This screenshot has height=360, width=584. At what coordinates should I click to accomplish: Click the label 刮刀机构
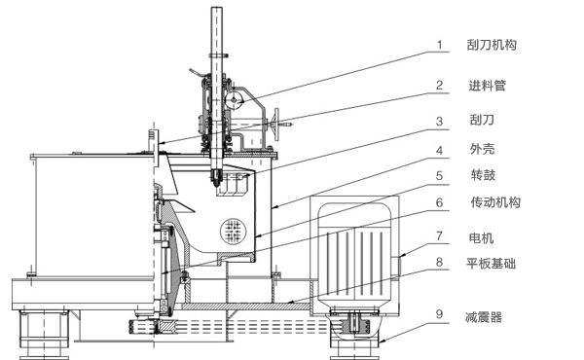pyautogui.click(x=492, y=45)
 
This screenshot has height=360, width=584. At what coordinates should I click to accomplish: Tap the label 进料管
pyautogui.click(x=488, y=86)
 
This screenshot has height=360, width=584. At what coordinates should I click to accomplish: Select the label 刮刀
pyautogui.click(x=482, y=120)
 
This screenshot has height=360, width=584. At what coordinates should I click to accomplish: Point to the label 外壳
pyautogui.click(x=482, y=149)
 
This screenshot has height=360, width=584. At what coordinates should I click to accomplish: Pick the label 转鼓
pyautogui.click(x=483, y=174)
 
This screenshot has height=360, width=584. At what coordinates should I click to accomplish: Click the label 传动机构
pyautogui.click(x=495, y=202)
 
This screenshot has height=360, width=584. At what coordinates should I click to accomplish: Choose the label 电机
pyautogui.click(x=481, y=237)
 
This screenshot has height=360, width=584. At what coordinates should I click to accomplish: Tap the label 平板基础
pyautogui.click(x=491, y=264)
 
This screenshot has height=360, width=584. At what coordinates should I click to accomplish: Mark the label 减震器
pyautogui.click(x=484, y=317)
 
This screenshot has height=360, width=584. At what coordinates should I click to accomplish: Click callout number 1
pyautogui.click(x=440, y=45)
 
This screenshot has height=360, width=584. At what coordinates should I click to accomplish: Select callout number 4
pyautogui.click(x=440, y=151)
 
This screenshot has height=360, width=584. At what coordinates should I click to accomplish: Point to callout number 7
pyautogui.click(x=440, y=236)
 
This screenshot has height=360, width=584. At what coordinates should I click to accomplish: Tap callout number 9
pyautogui.click(x=440, y=314)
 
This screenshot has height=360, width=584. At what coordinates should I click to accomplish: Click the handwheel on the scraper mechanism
pyautogui.click(x=276, y=125)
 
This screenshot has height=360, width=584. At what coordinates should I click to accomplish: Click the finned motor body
pyautogui.click(x=354, y=261)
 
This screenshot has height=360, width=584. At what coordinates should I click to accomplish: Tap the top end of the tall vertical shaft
pyautogui.click(x=216, y=8)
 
